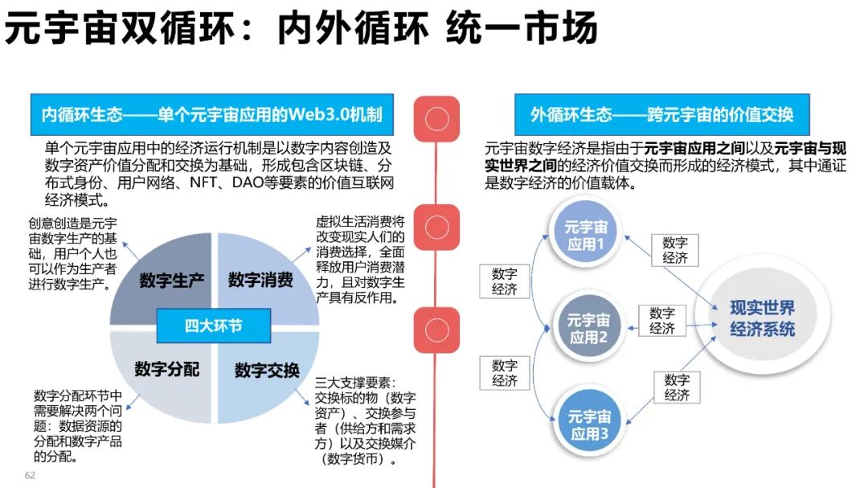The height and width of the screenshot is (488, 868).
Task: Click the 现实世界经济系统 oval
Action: click(762, 318)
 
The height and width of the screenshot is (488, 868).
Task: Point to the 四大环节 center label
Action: click(214, 326)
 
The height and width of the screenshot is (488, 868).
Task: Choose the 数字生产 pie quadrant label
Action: click(171, 281)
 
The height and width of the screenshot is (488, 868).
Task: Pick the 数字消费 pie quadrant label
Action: click(260, 281)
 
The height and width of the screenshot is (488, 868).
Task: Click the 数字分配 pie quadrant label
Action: click(166, 369)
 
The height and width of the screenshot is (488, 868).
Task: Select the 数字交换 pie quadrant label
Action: click(267, 371)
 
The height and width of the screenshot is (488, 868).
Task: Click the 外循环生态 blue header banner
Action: click(661, 115)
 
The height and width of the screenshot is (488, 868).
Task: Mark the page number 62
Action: click(30, 476)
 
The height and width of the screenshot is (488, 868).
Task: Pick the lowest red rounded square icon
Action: click(436, 331)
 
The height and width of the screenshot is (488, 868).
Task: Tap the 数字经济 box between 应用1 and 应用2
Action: click(505, 281)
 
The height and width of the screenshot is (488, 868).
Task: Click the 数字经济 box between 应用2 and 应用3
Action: click(505, 373)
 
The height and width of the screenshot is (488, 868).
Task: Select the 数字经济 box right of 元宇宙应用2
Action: click(662, 320)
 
